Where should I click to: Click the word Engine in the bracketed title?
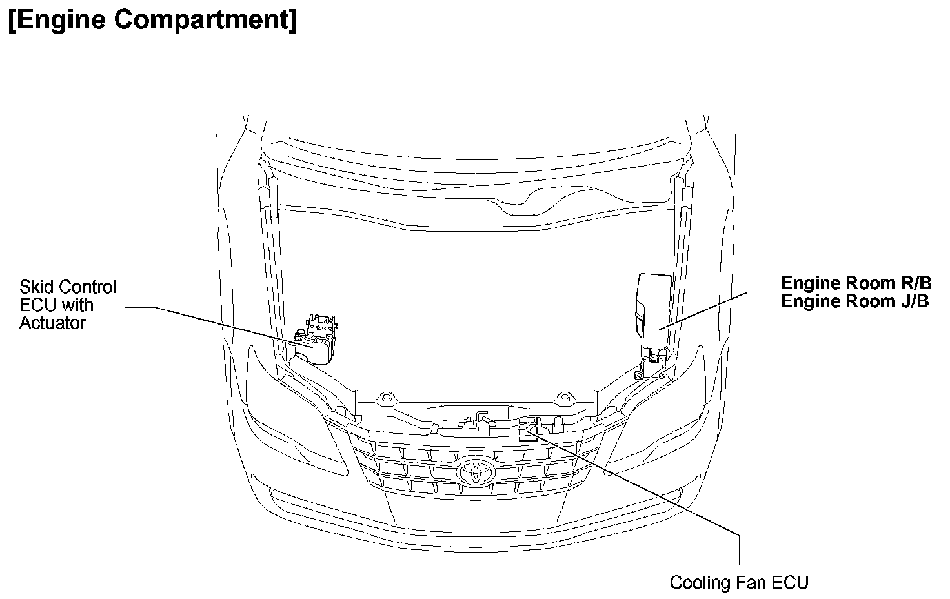(x=61, y=20)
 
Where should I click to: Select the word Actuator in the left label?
(x=52, y=323)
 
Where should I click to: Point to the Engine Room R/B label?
(x=856, y=283)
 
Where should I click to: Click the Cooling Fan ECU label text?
(x=738, y=582)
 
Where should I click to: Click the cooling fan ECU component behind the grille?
(x=527, y=429)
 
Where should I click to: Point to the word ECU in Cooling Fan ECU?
(x=790, y=582)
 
